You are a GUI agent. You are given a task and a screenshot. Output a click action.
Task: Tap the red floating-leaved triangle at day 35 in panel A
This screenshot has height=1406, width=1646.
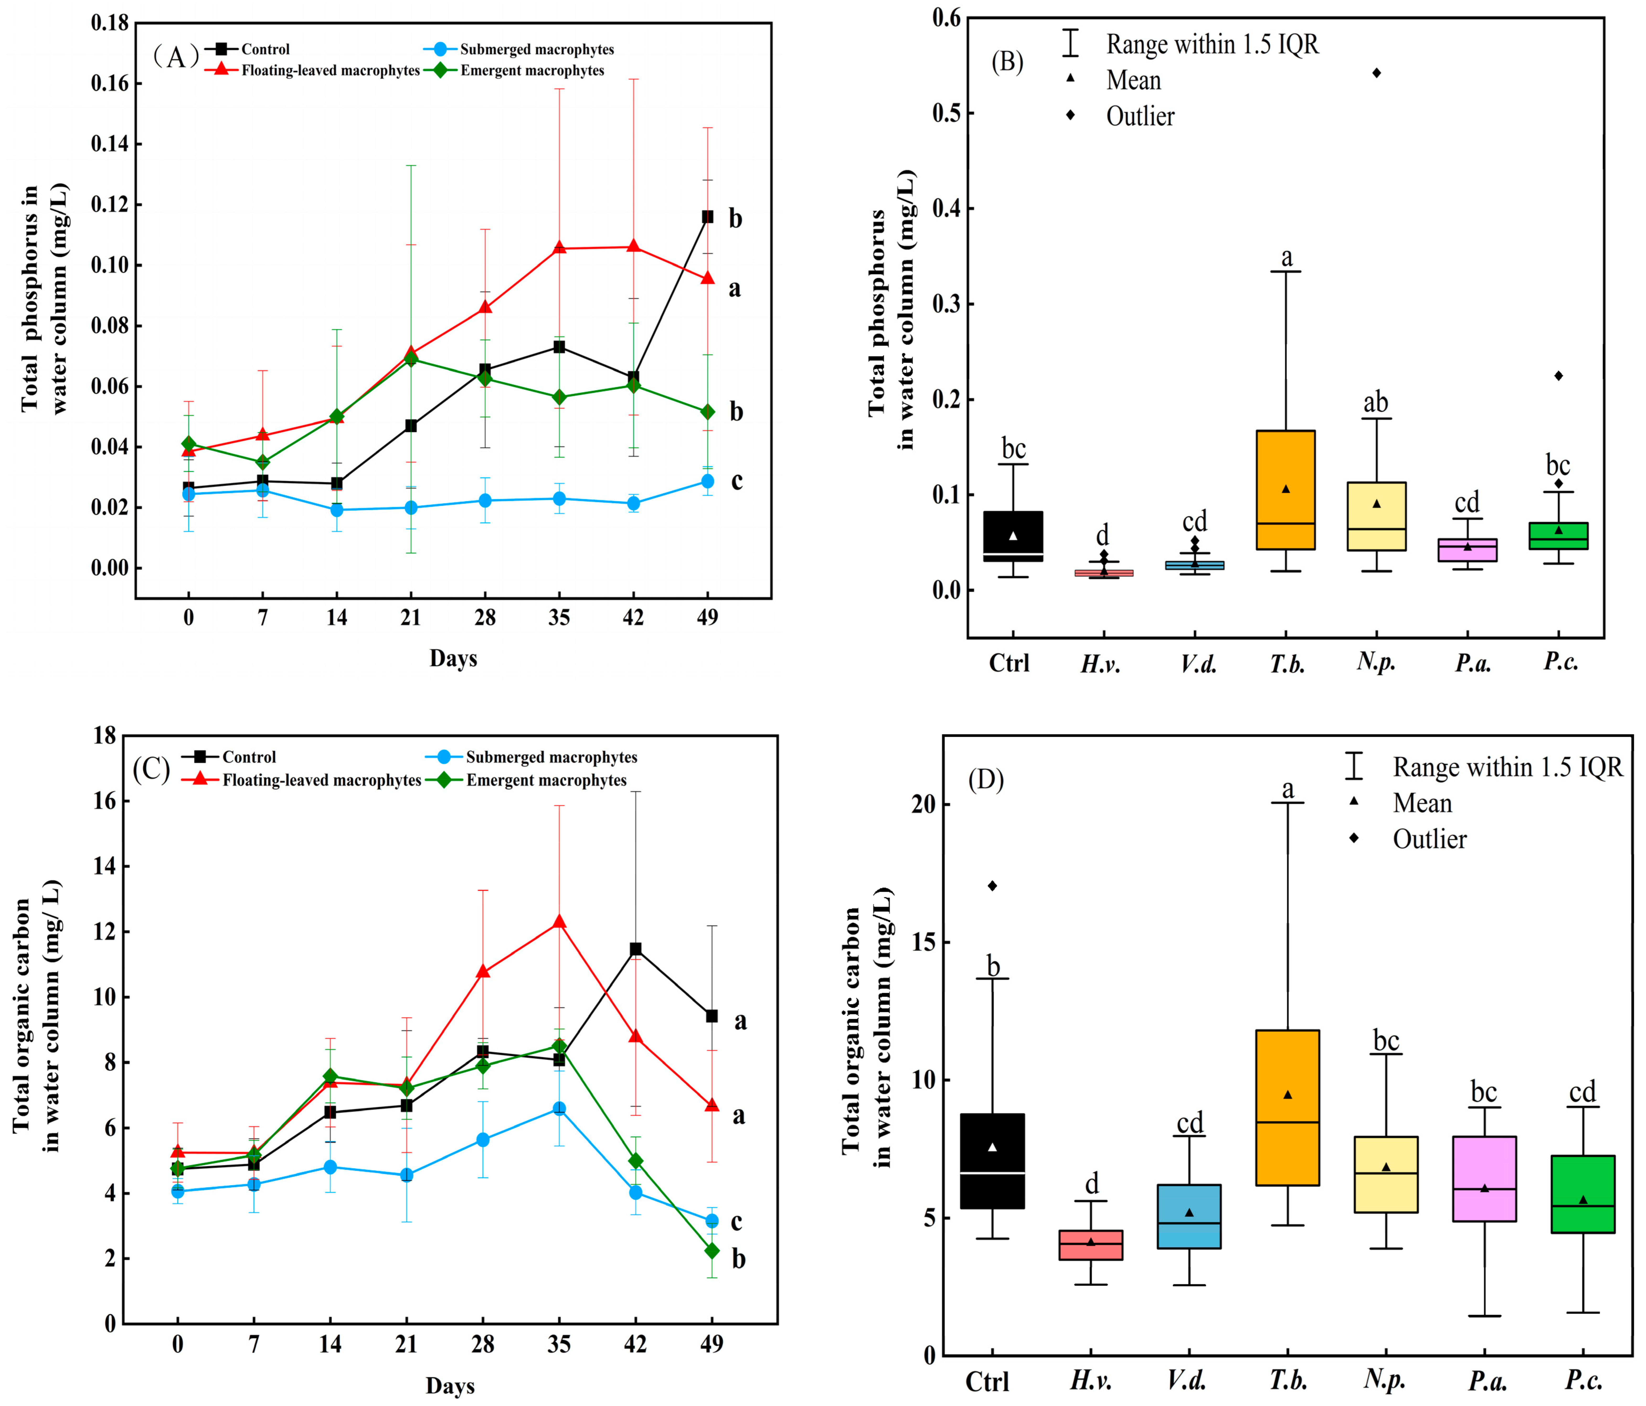(x=559, y=248)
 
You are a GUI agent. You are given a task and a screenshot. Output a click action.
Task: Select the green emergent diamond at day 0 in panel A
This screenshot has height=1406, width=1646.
(x=188, y=443)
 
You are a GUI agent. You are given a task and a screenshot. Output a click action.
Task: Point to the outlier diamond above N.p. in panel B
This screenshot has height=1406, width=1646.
(x=1377, y=73)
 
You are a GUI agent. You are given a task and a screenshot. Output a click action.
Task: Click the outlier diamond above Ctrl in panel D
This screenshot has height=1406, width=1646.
(x=992, y=885)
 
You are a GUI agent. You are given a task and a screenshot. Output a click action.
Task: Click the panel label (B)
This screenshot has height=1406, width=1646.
(x=1007, y=62)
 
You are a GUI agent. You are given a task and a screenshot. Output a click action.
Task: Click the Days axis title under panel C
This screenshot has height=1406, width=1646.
(x=451, y=1385)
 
